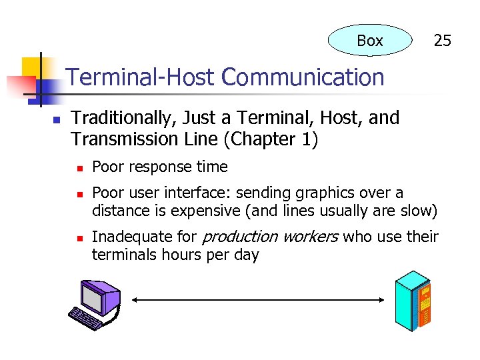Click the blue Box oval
click(370, 41)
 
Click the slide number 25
click(442, 41)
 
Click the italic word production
click(239, 237)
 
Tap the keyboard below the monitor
click(85, 318)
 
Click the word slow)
click(420, 212)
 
